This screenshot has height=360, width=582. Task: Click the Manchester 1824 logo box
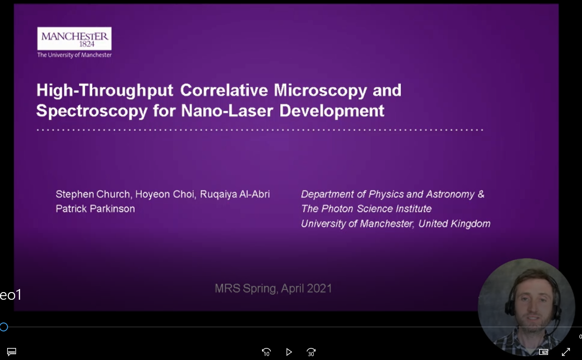74,38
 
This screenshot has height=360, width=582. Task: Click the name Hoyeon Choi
167,194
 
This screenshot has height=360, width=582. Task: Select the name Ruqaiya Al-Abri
235,194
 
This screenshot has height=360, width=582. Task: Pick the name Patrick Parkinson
95,209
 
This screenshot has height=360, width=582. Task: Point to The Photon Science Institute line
366,209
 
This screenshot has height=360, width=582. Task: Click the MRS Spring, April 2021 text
273,288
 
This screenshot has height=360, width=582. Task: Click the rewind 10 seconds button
266,352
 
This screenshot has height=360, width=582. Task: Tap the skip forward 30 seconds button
311,352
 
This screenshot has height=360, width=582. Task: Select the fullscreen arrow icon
565,352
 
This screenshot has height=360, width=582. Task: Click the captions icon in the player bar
12,352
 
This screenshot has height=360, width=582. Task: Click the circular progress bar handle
4,327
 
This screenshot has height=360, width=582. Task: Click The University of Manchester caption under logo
74,55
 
